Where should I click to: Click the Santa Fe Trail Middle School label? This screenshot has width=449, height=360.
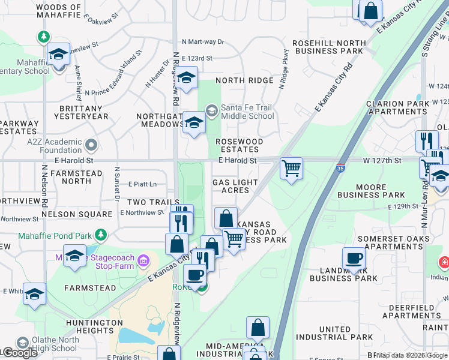[247, 112]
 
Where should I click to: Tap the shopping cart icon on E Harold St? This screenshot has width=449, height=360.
[291, 168]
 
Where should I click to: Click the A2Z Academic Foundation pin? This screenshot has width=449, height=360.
[91, 145]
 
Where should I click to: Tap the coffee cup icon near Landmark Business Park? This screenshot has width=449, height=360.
[354, 259]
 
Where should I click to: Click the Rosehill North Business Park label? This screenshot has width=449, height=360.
[328, 47]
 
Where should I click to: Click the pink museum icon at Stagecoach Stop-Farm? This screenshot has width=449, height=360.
[143, 260]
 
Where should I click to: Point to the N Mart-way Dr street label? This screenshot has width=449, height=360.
[203, 42]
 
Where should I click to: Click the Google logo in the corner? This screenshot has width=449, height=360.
[19, 353]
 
